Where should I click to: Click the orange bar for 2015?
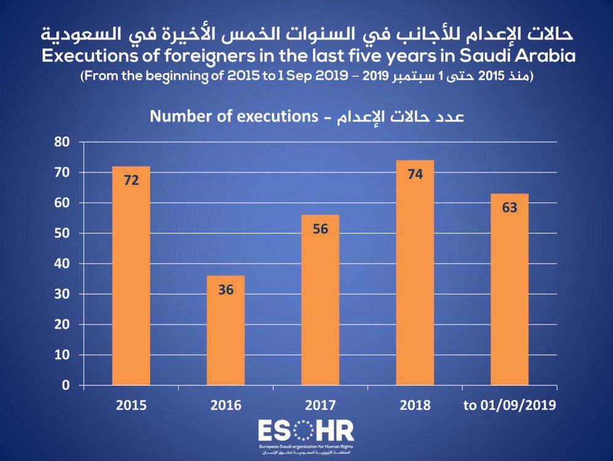coord(131,276)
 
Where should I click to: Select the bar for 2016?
coord(226,331)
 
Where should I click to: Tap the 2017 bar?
coord(320,300)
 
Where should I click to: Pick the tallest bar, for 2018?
coord(415,273)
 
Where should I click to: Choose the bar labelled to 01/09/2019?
coord(510,290)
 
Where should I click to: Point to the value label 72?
coord(131,181)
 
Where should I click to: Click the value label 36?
coord(226,290)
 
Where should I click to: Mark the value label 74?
coord(415,174)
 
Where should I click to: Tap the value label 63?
coord(510,208)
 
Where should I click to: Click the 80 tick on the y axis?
coord(62,142)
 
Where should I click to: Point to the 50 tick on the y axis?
coord(62,233)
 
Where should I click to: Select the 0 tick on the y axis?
coord(66,385)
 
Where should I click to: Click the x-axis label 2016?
coord(226,405)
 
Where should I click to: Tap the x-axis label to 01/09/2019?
coord(510,405)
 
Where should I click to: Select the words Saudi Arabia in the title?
coord(517,56)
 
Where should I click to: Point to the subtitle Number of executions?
coord(234,116)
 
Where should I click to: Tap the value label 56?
coord(321,229)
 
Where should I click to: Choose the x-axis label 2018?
coord(415,405)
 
